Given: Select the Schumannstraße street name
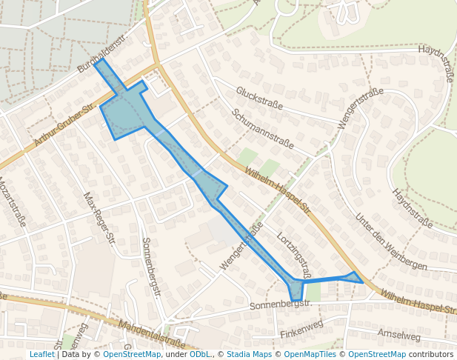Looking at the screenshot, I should [262, 129].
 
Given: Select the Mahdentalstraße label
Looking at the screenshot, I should [152, 333].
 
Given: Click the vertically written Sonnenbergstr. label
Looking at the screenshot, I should [151, 267].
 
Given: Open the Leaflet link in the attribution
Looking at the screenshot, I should [42, 354].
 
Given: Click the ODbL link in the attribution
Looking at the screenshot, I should [200, 354].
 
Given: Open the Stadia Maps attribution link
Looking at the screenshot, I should [247, 354].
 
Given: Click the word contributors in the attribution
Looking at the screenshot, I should [431, 354].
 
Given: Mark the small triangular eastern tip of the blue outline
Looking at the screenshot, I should [354, 278].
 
